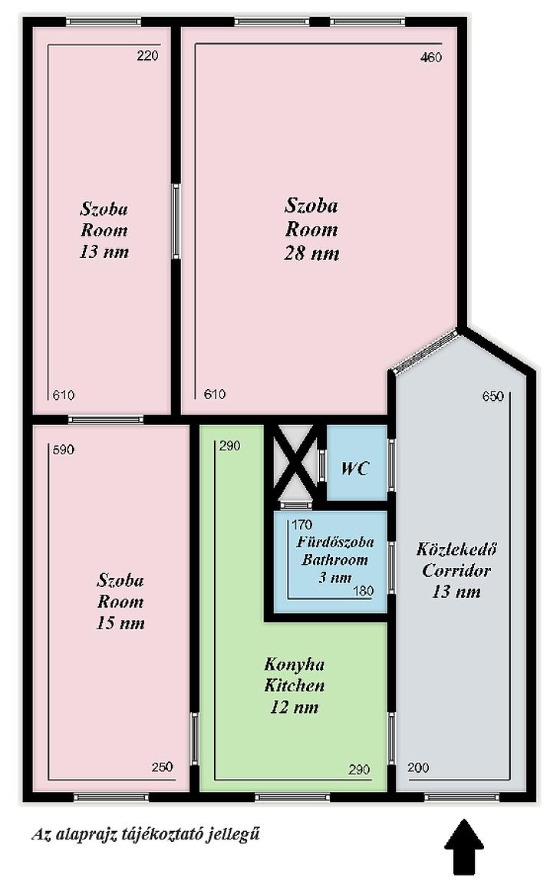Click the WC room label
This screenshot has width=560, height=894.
point(355,468)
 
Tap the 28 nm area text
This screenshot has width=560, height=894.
point(311,253)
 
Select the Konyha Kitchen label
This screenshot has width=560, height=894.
point(294,675)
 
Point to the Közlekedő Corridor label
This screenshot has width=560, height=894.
point(456,559)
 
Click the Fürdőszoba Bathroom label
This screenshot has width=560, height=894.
point(335,551)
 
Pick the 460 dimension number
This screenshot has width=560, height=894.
point(430,58)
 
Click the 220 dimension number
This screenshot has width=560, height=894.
point(147,56)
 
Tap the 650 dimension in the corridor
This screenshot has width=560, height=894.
point(492,396)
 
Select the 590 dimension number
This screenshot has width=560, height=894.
point(63,450)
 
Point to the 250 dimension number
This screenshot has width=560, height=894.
point(163,767)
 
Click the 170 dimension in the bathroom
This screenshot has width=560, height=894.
point(302,525)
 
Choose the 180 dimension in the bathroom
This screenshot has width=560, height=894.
point(363,591)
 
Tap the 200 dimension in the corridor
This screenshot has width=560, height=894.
point(418,767)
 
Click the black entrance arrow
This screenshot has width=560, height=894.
point(463,846)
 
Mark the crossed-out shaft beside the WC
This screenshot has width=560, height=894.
point(294,462)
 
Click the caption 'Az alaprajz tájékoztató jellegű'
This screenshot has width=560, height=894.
point(146,835)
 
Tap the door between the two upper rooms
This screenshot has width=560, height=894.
point(176,222)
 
